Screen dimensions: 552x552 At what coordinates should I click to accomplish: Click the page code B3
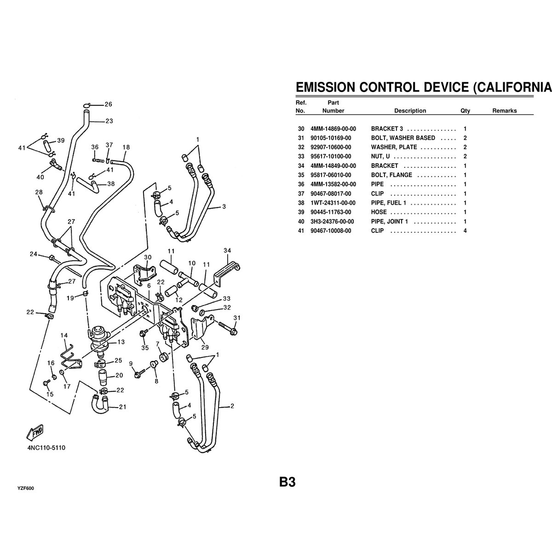287,482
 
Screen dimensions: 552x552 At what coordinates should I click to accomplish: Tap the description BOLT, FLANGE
391,175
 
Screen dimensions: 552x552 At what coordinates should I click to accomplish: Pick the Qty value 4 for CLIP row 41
465,231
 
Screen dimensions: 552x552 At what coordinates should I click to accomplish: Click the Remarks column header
504,111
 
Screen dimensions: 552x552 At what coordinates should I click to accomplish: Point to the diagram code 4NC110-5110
46,448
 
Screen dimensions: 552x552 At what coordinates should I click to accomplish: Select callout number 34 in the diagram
227,250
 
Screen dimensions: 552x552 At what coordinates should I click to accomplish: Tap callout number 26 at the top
109,104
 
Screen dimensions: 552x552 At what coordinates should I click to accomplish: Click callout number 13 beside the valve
121,342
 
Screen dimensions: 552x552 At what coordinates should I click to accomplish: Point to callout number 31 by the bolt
237,318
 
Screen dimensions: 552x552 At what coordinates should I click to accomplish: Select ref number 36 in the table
301,184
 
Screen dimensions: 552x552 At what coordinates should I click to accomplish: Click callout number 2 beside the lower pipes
232,406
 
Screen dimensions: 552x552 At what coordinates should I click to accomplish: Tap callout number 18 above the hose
126,147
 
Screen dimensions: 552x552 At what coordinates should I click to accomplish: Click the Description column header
410,111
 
